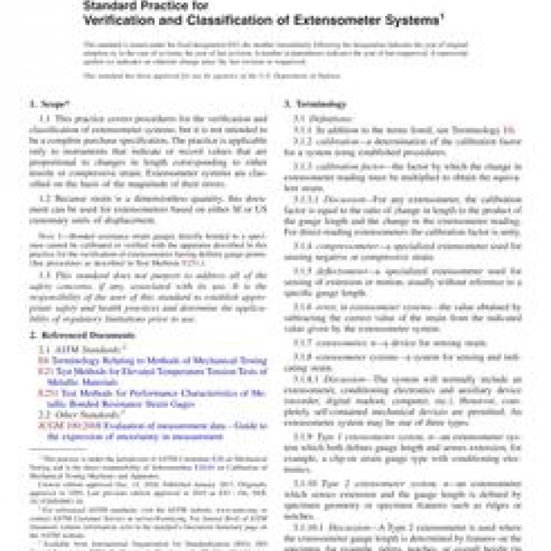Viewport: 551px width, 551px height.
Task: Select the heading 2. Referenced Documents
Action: pos(82,335)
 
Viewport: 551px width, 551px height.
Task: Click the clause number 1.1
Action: pos(45,118)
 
